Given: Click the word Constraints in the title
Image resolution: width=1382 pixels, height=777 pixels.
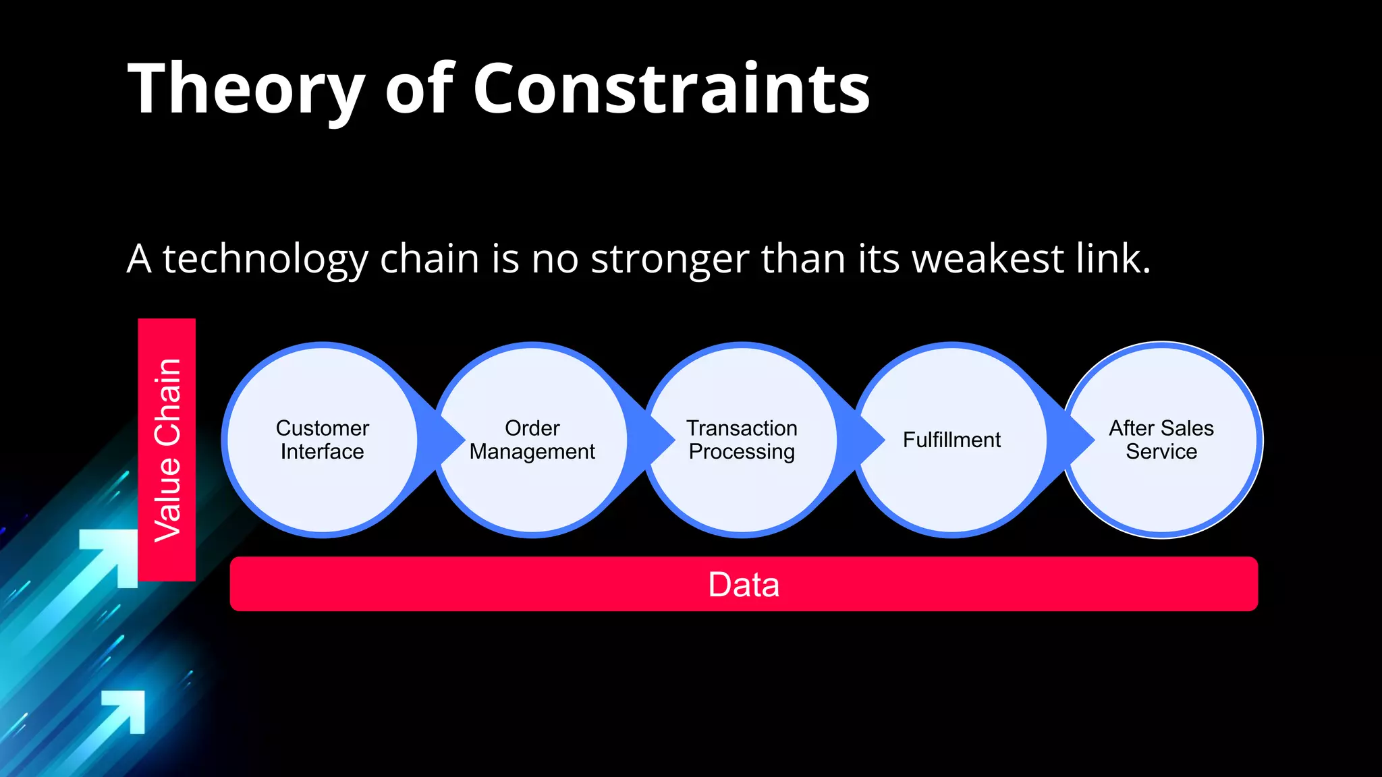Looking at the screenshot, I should (x=671, y=90).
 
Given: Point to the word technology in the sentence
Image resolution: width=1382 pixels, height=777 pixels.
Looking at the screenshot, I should (x=265, y=260).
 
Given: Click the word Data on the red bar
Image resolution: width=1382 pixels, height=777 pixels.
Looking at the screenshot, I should (x=744, y=584).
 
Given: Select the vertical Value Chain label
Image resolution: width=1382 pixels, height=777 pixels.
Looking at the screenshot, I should (x=167, y=450).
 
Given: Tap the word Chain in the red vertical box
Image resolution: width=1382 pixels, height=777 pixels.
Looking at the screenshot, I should (x=167, y=402).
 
